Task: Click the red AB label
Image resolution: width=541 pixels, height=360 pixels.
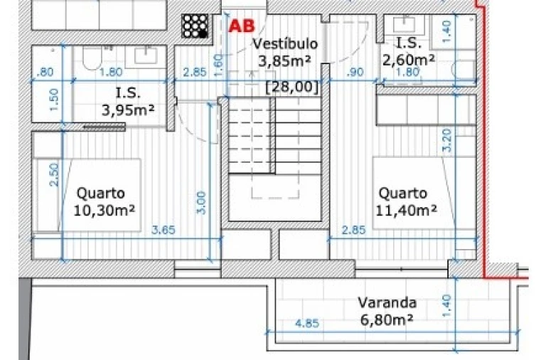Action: pos(242,26)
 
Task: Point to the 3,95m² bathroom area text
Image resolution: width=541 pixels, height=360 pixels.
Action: pos(129,110)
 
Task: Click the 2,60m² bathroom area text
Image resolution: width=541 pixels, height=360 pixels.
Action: pos(409,60)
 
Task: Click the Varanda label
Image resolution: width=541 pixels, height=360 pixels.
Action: pos(387,303)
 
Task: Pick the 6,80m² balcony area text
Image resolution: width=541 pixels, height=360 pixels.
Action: pos(387,320)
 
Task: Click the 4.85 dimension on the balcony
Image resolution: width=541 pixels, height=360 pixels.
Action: pos(306,324)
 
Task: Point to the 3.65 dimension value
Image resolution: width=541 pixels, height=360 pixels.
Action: pos(164,229)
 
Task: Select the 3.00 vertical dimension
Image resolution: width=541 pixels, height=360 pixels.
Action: pos(202,203)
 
